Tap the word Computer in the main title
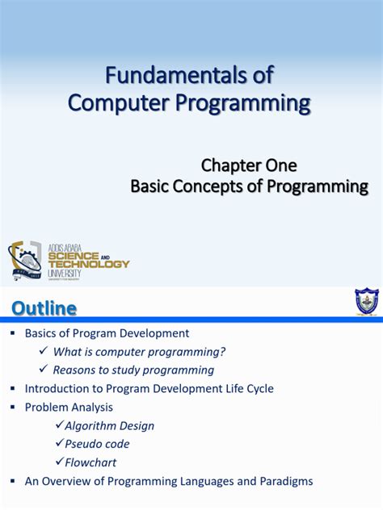click(x=116, y=102)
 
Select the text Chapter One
click(x=249, y=165)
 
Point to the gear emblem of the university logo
click(x=25, y=260)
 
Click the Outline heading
click(x=44, y=308)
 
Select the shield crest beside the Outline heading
click(x=366, y=302)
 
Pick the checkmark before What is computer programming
click(x=44, y=351)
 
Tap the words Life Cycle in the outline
click(x=247, y=388)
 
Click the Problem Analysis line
click(x=69, y=407)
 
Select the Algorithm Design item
click(x=109, y=425)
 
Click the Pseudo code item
click(x=97, y=444)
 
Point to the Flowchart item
click(x=90, y=462)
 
